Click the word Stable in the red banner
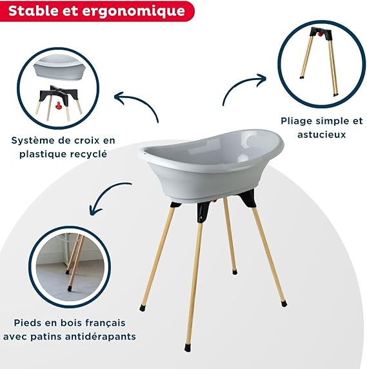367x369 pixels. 32,11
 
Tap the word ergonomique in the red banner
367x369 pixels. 134,12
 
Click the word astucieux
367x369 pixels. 321,135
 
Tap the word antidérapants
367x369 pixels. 101,336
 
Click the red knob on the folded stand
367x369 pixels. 319,34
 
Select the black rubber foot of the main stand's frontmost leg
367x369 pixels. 187,348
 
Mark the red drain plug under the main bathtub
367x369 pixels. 214,201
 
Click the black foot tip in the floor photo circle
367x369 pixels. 69,288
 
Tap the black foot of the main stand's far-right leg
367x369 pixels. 284,304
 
